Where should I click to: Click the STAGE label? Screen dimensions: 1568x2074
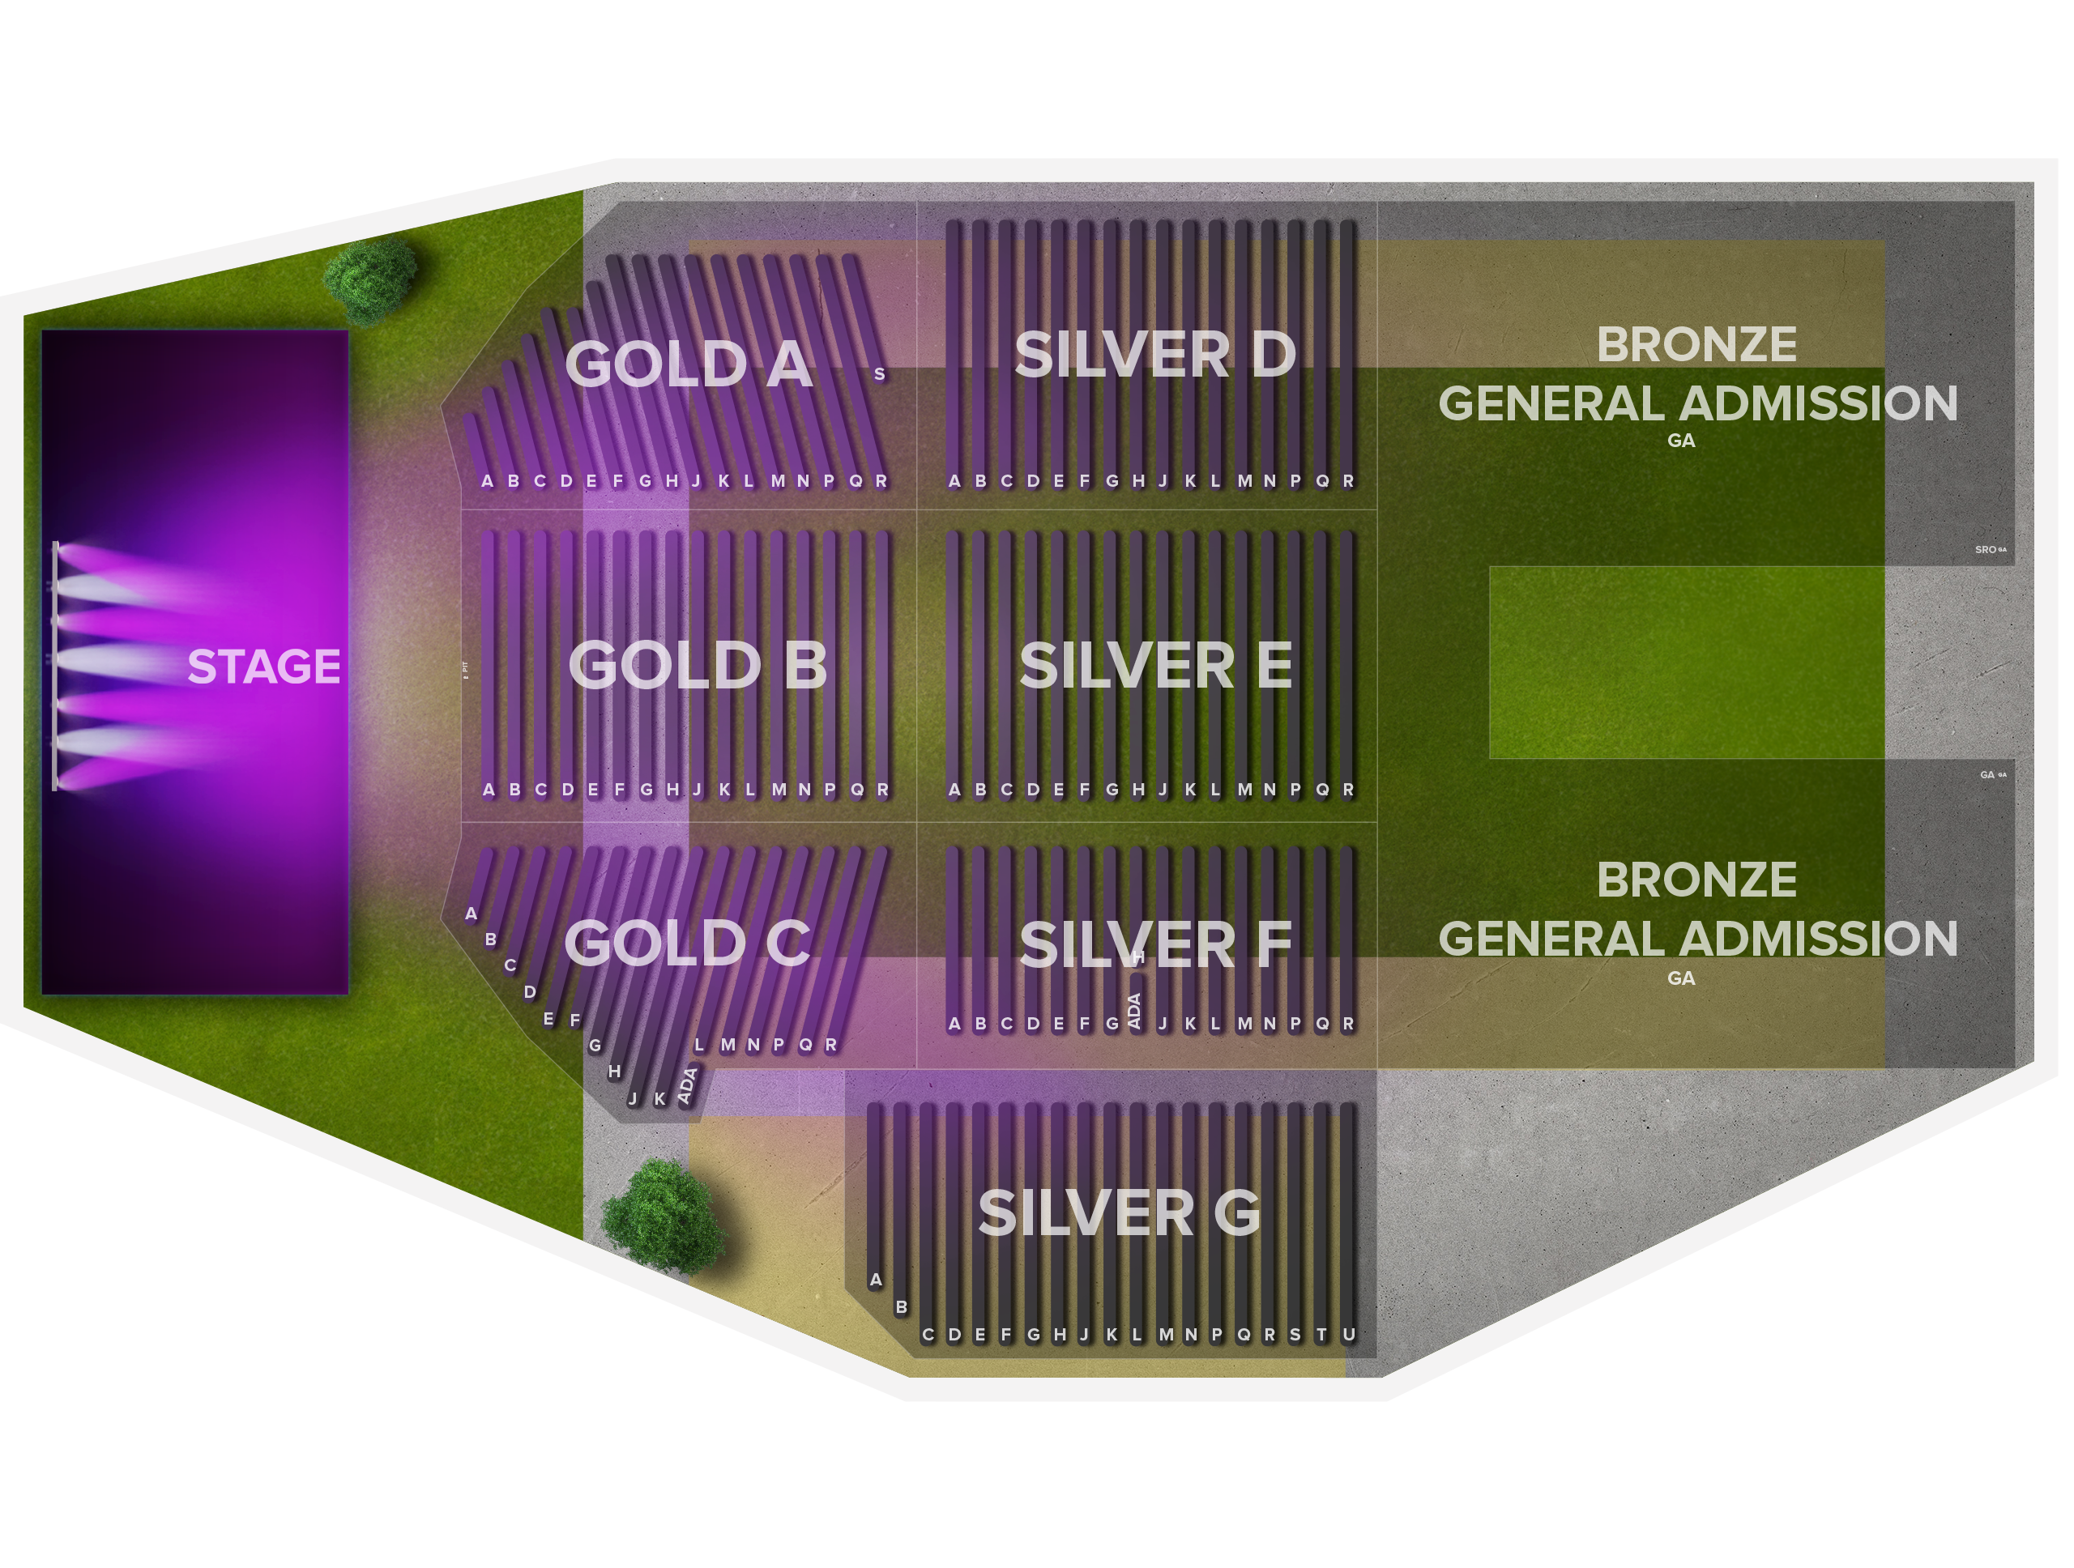pyautogui.click(x=263, y=667)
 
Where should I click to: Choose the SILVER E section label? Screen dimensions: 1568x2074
pyautogui.click(x=1155, y=666)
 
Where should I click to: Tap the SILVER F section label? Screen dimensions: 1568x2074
pyautogui.click(x=1155, y=944)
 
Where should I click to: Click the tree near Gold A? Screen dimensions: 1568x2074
pyautogui.click(x=369, y=279)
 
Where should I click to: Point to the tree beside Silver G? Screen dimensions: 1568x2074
pyautogui.click(x=663, y=1216)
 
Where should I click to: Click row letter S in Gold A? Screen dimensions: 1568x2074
pyautogui.click(x=880, y=374)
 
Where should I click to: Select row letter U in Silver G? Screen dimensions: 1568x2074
pyautogui.click(x=1348, y=1335)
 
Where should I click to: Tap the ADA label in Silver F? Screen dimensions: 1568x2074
pyautogui.click(x=1134, y=1010)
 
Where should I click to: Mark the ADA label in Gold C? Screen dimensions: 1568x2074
pyautogui.click(x=687, y=1085)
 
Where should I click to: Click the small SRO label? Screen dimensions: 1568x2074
pyautogui.click(x=1985, y=549)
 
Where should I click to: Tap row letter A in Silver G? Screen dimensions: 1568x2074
pyautogui.click(x=876, y=1280)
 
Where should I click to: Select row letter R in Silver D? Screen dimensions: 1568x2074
pyautogui.click(x=1348, y=481)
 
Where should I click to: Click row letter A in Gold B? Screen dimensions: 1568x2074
pyautogui.click(x=489, y=790)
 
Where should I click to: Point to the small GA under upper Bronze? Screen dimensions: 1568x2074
pyautogui.click(x=1680, y=441)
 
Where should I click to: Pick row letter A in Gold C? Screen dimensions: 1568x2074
pyautogui.click(x=471, y=913)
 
